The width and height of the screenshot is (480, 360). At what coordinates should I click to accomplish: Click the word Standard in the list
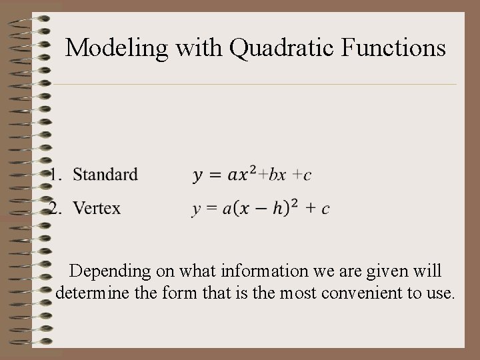click(105, 175)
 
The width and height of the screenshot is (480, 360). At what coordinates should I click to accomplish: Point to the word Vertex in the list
click(97, 209)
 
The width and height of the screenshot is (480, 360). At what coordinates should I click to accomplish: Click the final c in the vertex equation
click(325, 209)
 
